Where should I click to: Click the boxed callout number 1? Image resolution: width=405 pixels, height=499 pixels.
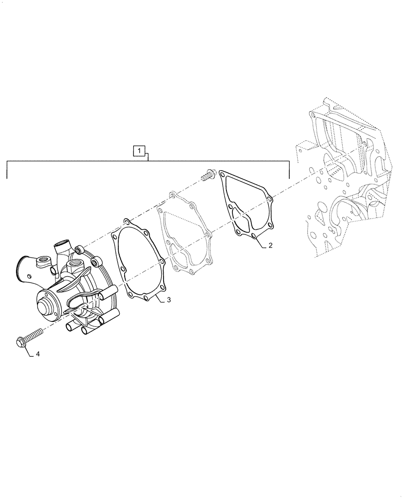point(140,150)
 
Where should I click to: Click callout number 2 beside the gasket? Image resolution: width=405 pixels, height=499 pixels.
point(270,246)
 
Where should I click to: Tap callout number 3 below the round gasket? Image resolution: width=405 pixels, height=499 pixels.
point(169,300)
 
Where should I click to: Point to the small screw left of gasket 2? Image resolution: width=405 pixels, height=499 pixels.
point(208,175)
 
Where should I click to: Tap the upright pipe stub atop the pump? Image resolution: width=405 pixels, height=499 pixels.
point(61,247)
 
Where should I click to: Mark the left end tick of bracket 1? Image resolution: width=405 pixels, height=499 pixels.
point(7,170)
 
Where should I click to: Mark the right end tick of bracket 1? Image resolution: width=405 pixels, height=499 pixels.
point(289,170)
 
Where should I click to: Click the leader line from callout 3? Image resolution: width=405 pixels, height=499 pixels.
point(157,299)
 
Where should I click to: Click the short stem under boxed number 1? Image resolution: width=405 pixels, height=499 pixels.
point(148,158)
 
